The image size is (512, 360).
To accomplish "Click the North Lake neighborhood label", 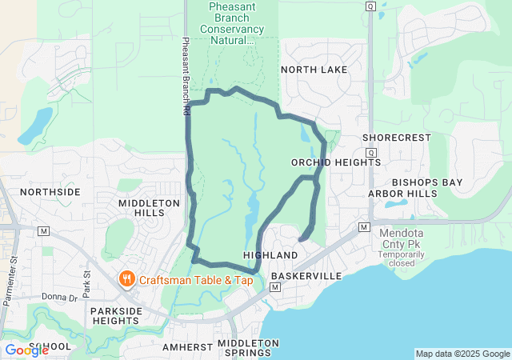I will pyautogui.click(x=314, y=70).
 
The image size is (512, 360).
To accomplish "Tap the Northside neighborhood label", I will pyautogui.click(x=50, y=192).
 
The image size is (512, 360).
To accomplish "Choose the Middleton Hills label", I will pyautogui.click(x=149, y=209).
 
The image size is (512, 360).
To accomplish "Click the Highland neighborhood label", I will pyautogui.click(x=270, y=254).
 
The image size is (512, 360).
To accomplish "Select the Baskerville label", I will pyautogui.click(x=306, y=276).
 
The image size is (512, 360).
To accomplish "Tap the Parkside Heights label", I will pyautogui.click(x=117, y=315).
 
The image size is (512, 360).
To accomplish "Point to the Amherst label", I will pyautogui.click(x=186, y=347).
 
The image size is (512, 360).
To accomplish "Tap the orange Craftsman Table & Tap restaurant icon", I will pyautogui.click(x=126, y=279).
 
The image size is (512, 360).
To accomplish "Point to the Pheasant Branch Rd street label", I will pyautogui.click(x=186, y=77).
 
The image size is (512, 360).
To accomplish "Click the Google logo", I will pyautogui.click(x=26, y=350).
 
